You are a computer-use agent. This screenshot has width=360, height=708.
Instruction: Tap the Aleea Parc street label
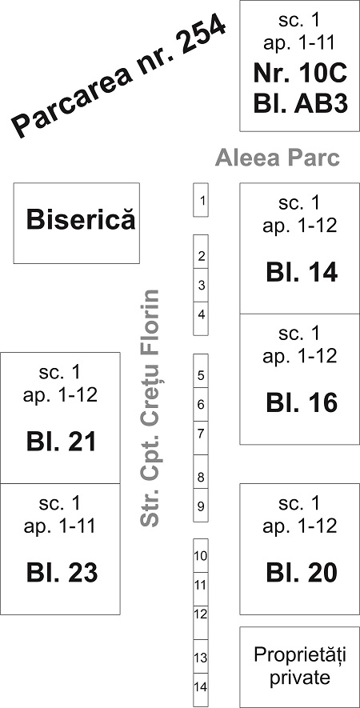[x=278, y=158]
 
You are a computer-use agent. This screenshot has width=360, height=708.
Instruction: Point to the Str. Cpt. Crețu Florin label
[x=149, y=408]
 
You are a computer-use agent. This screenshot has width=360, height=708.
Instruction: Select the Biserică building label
[x=81, y=220]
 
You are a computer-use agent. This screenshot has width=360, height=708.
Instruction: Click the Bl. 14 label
[x=302, y=273]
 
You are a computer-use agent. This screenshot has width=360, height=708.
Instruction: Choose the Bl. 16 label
[x=302, y=402]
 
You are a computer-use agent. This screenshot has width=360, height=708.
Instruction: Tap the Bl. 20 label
[x=302, y=573]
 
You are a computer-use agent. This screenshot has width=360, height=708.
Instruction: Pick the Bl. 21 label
[x=62, y=442]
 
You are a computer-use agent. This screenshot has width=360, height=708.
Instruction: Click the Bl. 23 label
[x=62, y=573]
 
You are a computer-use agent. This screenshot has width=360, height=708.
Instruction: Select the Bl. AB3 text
[x=300, y=105]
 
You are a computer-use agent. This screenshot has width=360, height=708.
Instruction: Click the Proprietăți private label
[x=299, y=666]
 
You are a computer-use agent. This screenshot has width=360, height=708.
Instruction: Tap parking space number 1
[x=201, y=200]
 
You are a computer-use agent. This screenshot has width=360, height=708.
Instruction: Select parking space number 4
[x=201, y=318]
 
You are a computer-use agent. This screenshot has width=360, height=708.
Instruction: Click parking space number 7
[x=201, y=438]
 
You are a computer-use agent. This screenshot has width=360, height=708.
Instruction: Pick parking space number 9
[x=201, y=506]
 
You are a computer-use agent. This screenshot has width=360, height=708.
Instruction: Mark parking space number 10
[x=201, y=555]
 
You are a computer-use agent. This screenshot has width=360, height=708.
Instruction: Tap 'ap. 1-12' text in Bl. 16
[x=300, y=357]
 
